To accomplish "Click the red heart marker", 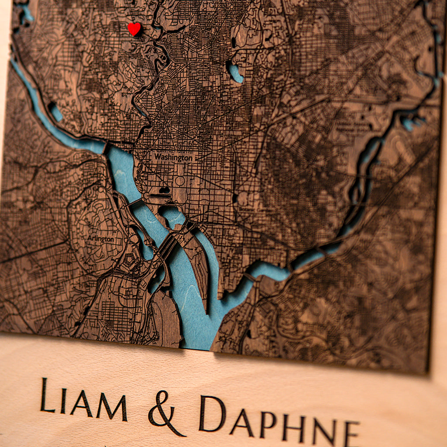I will [x=134, y=29].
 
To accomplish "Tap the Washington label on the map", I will [x=173, y=157].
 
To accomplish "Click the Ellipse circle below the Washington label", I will [x=180, y=181].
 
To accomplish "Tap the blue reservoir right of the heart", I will [x=235, y=72].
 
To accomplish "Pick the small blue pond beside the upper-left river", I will [x=56, y=112].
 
